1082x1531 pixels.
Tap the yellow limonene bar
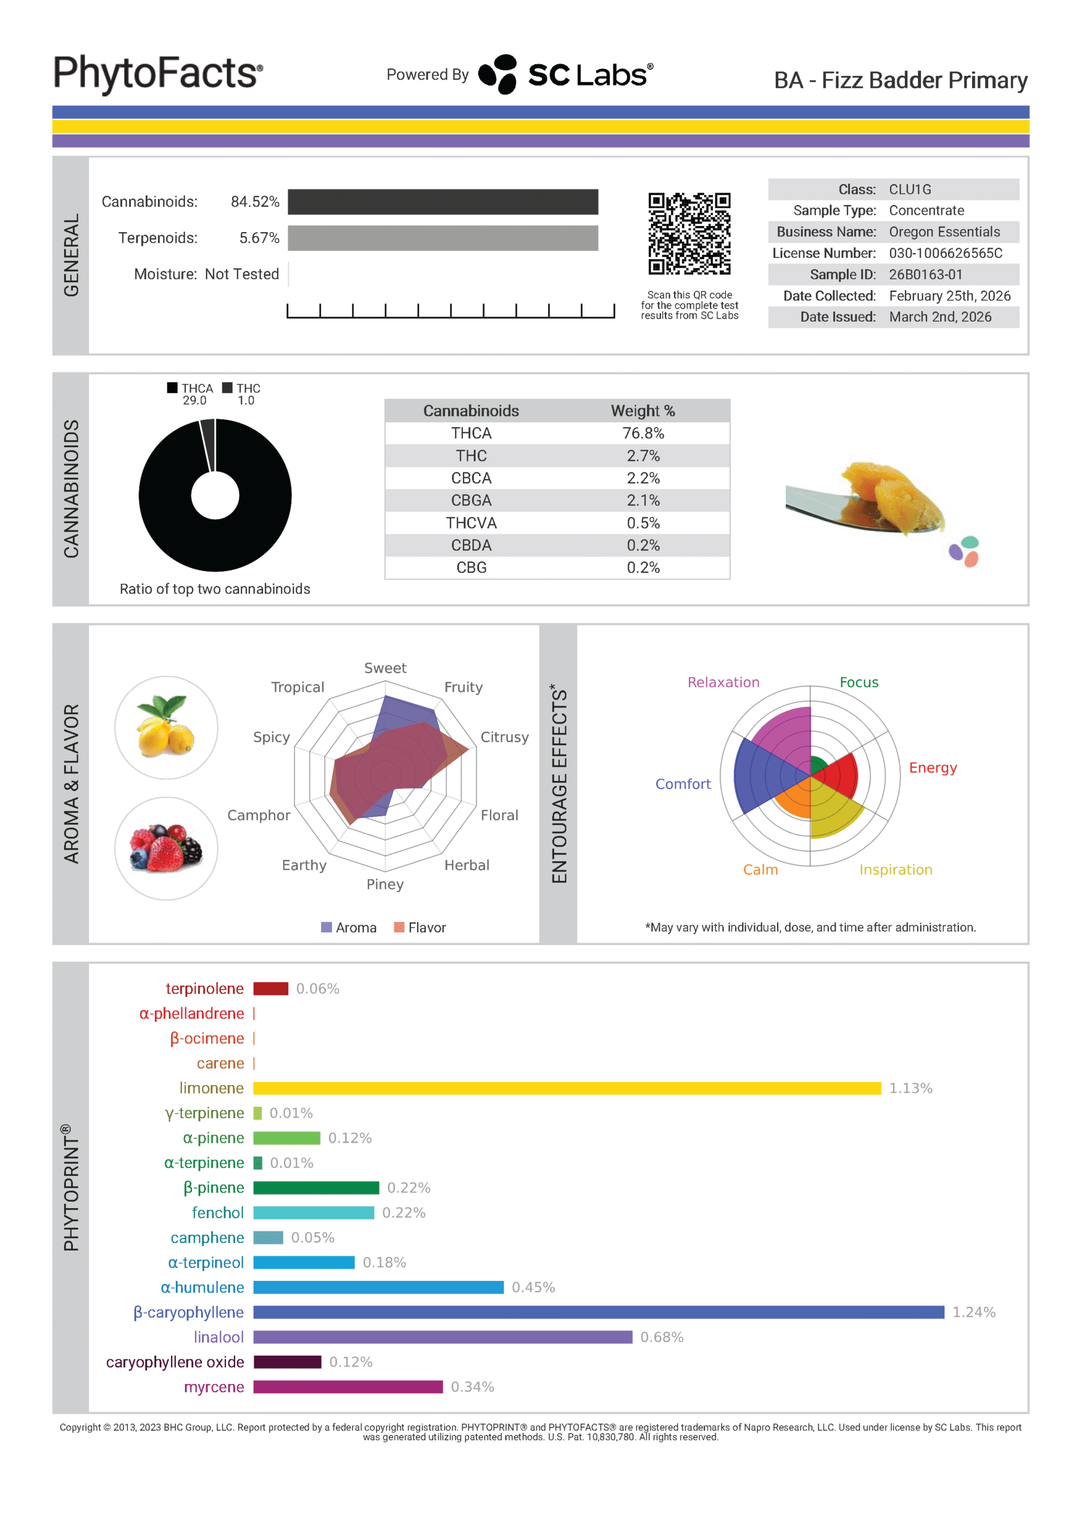(x=566, y=1088)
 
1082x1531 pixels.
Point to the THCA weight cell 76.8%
(x=642, y=434)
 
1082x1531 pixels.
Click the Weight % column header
(x=642, y=411)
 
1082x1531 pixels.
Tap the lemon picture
(x=166, y=727)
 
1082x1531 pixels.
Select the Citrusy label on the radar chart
(x=504, y=737)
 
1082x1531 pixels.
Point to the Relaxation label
(x=723, y=682)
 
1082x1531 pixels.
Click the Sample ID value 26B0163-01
(x=925, y=274)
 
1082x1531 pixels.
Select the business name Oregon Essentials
(x=944, y=231)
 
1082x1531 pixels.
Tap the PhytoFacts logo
(x=158, y=74)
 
